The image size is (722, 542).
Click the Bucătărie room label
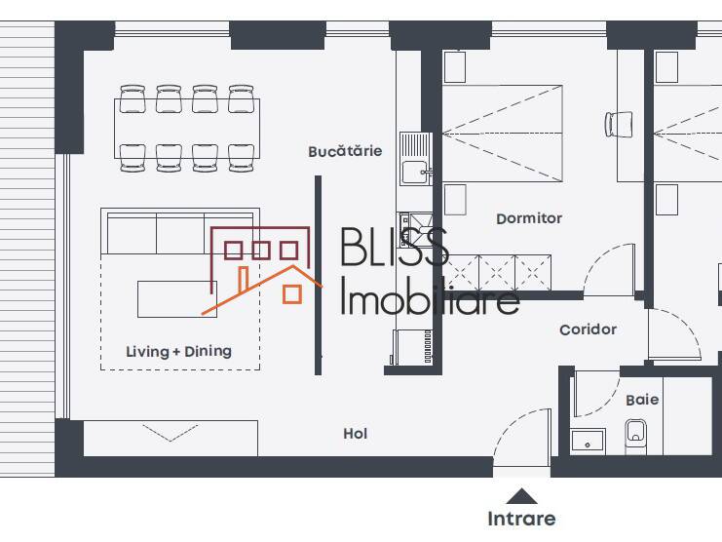(345, 151)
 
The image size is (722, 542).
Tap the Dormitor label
(529, 218)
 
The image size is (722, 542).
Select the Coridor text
(588, 329)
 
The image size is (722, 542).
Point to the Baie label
(642, 400)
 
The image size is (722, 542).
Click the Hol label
(356, 434)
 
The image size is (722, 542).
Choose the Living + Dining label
(179, 351)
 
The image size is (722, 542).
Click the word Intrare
(521, 519)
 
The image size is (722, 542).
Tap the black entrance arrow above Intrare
(521, 495)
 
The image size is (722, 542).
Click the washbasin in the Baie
(588, 442)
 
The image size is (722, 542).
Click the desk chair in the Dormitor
(619, 124)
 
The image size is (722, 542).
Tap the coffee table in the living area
(176, 298)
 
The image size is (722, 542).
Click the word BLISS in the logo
(394, 249)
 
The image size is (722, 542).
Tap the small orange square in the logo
(291, 292)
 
